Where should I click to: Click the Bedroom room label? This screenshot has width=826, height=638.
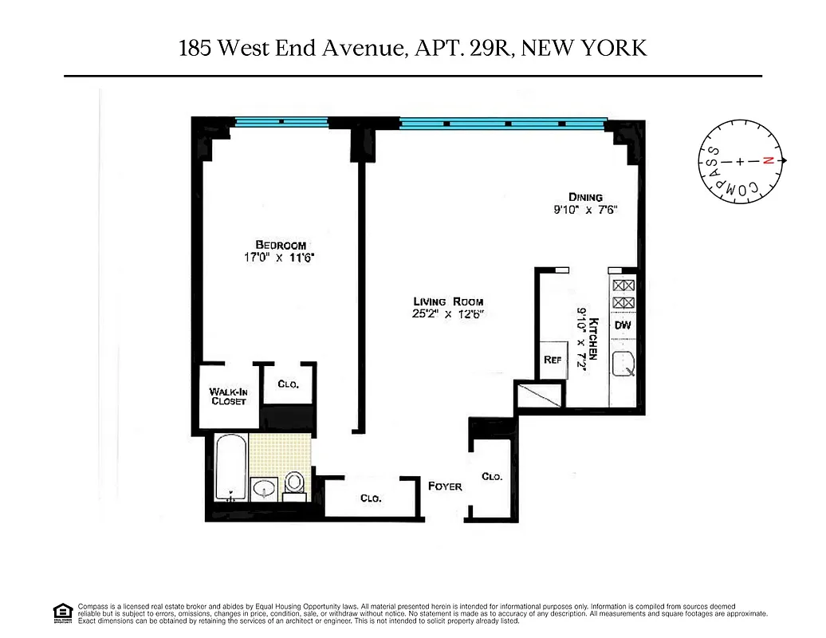tap(281, 245)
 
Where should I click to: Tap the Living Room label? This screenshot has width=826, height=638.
tap(448, 301)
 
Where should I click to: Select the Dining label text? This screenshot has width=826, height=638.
tap(585, 197)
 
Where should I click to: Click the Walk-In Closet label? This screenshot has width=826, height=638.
tap(228, 396)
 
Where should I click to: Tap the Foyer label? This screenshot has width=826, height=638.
tap(445, 486)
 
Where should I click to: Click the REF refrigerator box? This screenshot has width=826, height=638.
tap(553, 360)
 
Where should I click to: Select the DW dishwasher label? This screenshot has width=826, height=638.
tap(623, 325)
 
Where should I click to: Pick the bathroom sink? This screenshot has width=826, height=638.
tap(264, 487)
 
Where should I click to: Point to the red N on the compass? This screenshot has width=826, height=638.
tap(769, 161)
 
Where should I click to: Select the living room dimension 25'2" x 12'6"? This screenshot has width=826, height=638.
tap(448, 314)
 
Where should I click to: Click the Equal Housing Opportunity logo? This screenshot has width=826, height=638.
tap(61, 612)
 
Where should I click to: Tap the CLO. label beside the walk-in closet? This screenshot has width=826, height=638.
tap(289, 384)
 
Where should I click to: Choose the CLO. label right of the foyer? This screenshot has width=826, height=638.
tap(492, 476)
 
